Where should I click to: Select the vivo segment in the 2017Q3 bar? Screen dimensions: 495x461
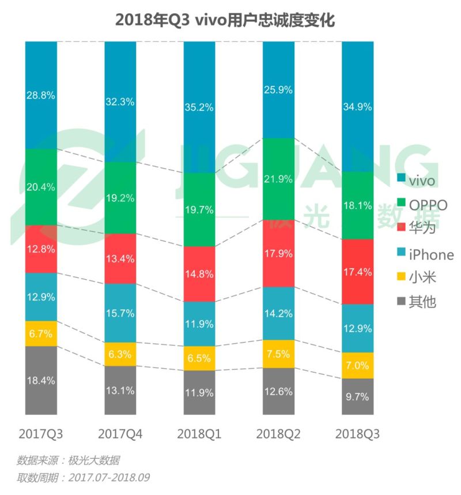[x=41, y=96]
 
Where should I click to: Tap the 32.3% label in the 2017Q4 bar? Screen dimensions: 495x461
[x=120, y=102]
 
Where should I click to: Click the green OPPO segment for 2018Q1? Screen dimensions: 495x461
[x=199, y=210]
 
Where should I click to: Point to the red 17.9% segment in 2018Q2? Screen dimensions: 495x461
[x=278, y=253]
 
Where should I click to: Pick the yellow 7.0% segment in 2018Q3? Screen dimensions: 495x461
[x=357, y=365]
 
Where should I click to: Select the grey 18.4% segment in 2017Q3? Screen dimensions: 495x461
[x=41, y=380]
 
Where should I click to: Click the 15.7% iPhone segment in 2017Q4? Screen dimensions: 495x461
[x=120, y=313]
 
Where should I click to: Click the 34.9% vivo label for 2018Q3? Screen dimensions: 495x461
[x=357, y=106]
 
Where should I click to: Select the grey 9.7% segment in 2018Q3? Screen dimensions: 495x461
[x=357, y=397]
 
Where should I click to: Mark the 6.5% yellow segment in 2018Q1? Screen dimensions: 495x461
[x=199, y=358]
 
